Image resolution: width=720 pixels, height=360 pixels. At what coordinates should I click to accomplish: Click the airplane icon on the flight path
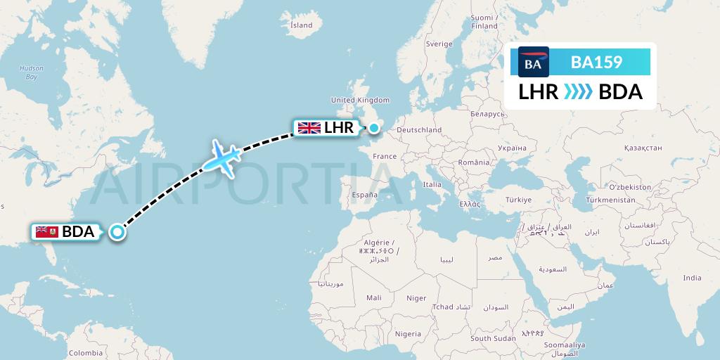[x=222, y=157]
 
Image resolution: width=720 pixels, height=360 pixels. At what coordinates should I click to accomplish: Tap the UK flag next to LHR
[x=309, y=128]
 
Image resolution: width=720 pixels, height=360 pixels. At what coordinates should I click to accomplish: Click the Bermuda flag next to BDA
[x=46, y=231]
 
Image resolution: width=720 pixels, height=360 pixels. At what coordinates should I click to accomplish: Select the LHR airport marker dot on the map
[x=375, y=128]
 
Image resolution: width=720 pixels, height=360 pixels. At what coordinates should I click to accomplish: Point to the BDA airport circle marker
[x=117, y=232]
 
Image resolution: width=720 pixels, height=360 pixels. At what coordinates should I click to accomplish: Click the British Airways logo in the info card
[x=533, y=62]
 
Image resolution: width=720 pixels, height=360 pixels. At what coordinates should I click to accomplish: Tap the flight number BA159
[x=596, y=62]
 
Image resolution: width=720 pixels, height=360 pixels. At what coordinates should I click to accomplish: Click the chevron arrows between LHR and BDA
[x=579, y=92]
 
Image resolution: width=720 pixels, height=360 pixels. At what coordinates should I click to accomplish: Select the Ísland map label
[x=301, y=25]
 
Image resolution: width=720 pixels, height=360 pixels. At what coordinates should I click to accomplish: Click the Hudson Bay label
[x=32, y=72]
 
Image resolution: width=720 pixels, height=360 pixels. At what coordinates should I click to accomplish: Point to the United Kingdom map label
[x=360, y=101]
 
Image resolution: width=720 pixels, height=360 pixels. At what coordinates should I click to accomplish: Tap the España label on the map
[x=365, y=195]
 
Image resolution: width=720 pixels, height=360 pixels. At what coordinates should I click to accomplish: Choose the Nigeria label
[x=408, y=334]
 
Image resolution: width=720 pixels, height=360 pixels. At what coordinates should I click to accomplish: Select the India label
[x=692, y=278]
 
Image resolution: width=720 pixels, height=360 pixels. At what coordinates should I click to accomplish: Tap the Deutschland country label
[x=419, y=129]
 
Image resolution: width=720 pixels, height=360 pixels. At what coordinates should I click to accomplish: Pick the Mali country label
[x=374, y=298]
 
